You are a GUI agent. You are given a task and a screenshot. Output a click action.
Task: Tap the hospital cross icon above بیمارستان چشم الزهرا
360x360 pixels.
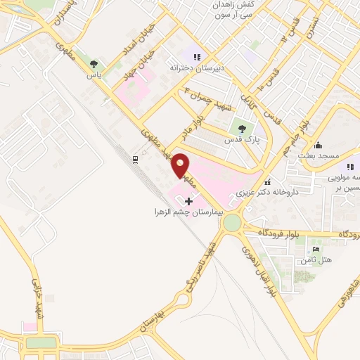[x=188, y=201]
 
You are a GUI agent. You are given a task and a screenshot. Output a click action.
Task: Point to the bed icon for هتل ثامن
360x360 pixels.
[x=315, y=250]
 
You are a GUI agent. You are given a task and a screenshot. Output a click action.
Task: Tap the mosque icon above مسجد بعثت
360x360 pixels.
[x=319, y=144]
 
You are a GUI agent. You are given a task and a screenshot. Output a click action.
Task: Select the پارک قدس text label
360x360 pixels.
[x=238, y=140]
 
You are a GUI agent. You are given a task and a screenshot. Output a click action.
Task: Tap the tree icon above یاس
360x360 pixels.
[x=94, y=64]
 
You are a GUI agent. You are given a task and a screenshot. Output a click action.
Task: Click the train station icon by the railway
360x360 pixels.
[x=135, y=160]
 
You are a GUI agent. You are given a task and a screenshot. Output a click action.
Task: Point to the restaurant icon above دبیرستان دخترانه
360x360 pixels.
[x=197, y=57]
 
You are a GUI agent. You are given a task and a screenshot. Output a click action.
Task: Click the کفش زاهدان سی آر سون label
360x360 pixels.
[x=233, y=9]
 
